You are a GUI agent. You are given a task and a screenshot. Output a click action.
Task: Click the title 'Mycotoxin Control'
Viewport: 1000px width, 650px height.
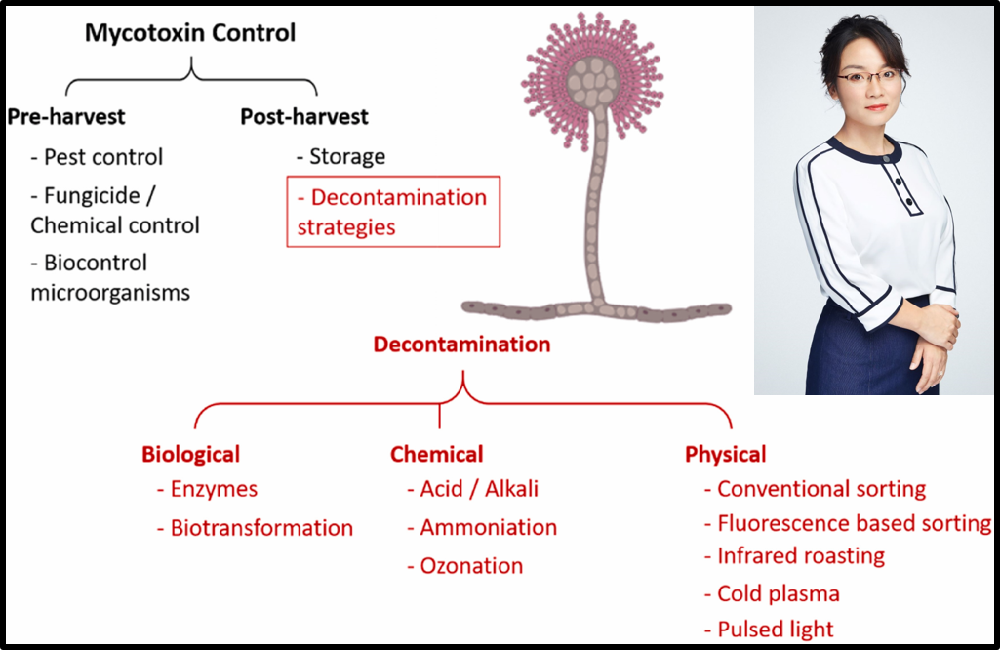point(190,33)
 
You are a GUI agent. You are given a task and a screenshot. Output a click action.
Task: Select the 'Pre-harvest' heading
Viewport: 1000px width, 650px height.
point(66,117)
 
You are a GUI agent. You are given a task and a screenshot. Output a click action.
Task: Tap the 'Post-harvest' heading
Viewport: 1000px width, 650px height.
point(304,117)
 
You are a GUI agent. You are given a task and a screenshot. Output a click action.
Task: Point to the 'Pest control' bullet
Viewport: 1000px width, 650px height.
point(97,157)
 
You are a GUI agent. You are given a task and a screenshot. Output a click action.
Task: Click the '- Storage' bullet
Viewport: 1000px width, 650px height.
point(341,156)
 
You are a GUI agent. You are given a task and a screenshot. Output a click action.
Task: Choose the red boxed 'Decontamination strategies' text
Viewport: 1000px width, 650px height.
point(392,212)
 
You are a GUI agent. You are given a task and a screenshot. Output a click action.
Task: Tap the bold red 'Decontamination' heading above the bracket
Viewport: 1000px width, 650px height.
point(461,345)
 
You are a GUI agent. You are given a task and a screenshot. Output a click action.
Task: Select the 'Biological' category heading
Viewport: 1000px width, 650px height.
point(190,454)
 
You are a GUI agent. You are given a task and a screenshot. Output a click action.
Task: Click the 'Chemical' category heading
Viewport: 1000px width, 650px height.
point(437,454)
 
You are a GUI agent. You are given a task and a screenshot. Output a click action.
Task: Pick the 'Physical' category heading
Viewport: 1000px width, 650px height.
point(725,454)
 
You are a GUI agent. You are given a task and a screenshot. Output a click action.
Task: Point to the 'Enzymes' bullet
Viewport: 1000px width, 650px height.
point(207,489)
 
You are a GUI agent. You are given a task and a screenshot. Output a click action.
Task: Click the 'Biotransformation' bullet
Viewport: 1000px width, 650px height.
point(255,528)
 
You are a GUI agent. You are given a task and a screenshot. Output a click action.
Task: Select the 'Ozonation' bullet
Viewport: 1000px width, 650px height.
point(465,566)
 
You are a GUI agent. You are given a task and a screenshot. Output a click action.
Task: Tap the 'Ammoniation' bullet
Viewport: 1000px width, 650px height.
point(482,528)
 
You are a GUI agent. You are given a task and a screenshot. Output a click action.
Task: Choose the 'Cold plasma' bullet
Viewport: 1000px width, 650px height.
point(772,593)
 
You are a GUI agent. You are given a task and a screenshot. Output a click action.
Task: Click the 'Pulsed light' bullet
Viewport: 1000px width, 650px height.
point(769,630)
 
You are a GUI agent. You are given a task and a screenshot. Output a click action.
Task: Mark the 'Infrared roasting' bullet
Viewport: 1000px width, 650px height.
point(795,556)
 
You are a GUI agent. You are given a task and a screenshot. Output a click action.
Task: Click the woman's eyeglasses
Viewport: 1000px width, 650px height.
point(868,78)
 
